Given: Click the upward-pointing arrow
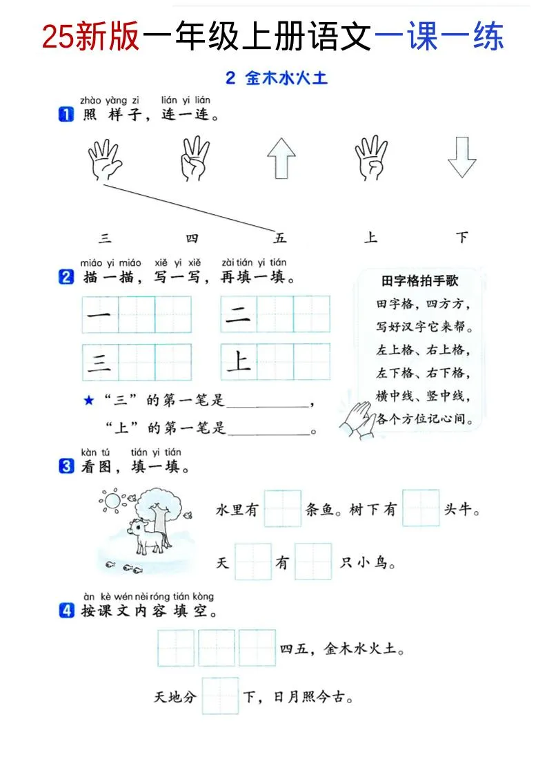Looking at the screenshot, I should click(x=281, y=158).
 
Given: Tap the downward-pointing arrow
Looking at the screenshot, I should click(x=461, y=158).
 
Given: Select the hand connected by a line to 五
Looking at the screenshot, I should click(x=105, y=160).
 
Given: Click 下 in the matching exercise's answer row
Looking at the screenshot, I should click(x=461, y=238).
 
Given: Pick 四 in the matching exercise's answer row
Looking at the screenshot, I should click(x=192, y=238).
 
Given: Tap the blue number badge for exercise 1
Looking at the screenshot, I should click(x=66, y=115).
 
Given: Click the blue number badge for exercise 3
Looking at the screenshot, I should click(x=66, y=467).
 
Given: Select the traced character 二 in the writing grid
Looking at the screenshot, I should click(x=239, y=315).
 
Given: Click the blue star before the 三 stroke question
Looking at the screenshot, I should click(x=88, y=401).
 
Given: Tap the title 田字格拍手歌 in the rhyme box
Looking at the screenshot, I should click(x=419, y=281).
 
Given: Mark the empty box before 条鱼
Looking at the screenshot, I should click(x=282, y=508).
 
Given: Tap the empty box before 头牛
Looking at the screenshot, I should click(x=421, y=508).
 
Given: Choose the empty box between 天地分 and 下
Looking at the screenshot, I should click(x=220, y=696).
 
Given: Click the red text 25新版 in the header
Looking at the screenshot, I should click(x=91, y=36).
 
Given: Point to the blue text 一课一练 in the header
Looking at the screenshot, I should click(x=439, y=36).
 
